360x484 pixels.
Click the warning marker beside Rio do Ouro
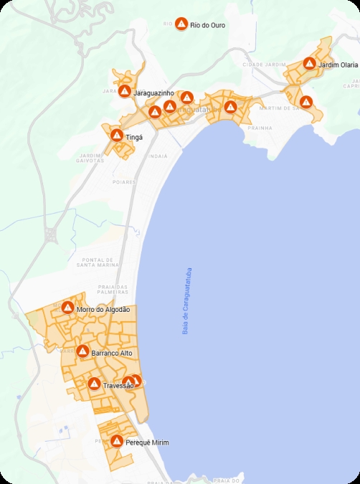tap(182, 24)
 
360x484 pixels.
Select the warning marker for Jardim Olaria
tap(309, 64)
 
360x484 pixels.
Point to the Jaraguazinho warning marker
tap(125, 92)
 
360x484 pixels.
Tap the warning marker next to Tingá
tap(116, 135)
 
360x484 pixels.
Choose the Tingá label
tap(134, 136)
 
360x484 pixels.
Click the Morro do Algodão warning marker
tap(67, 308)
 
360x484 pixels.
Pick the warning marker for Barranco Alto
tap(82, 352)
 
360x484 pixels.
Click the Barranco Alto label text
tap(112, 353)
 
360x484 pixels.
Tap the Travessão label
tap(118, 386)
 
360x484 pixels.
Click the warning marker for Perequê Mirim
tap(116, 442)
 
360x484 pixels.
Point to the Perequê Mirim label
tap(147, 443)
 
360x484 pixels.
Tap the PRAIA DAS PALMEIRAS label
tap(112, 289)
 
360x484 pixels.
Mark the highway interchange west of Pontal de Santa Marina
tap(52, 234)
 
